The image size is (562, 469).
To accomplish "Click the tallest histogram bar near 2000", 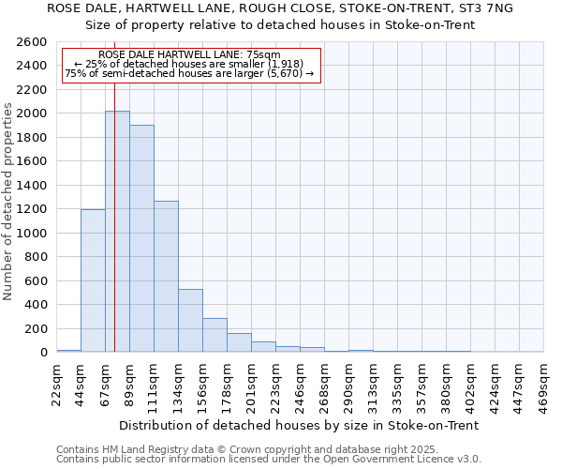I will (x=117, y=231).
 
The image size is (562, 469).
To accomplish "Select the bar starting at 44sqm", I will (x=93, y=280).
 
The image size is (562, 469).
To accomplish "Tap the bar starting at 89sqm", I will (x=141, y=238).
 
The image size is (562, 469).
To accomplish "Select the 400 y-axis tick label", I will (x=37, y=304).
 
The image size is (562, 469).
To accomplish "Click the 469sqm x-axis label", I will (x=544, y=383).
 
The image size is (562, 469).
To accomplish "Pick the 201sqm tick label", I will (x=252, y=383).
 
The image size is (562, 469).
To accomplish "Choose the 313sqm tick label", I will (x=374, y=383).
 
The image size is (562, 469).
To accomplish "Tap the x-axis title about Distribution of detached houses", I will (x=300, y=425).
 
